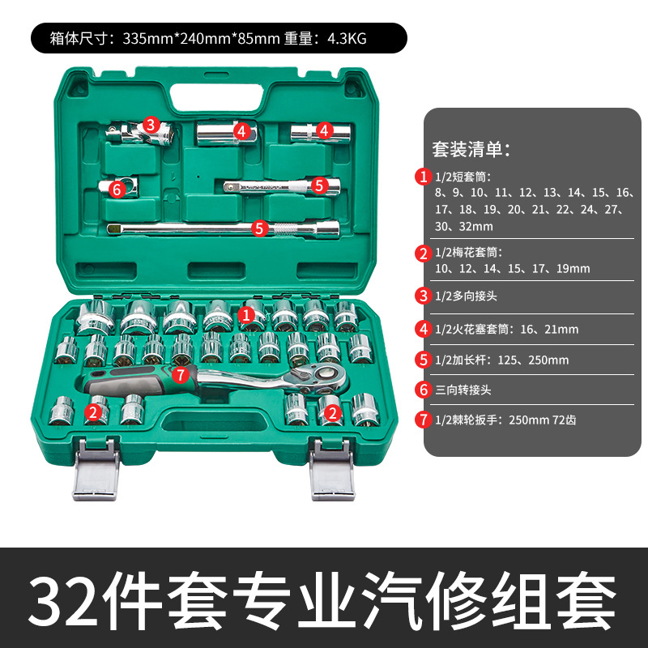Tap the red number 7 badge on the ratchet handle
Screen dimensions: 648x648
click(x=181, y=374)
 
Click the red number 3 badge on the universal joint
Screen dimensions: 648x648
click(x=151, y=125)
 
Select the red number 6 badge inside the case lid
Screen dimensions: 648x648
click(x=117, y=189)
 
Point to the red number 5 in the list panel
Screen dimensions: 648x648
click(x=423, y=359)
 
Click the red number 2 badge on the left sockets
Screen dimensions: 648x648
click(x=93, y=413)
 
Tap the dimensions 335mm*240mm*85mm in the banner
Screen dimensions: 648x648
click(x=202, y=37)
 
